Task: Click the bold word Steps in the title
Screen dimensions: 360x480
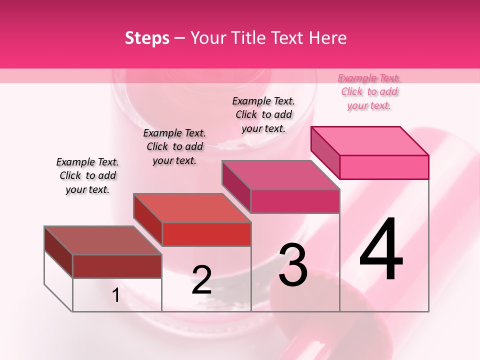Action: [x=147, y=38]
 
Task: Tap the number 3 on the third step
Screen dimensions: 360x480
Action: [x=292, y=265]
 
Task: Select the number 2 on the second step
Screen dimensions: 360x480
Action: [x=201, y=280]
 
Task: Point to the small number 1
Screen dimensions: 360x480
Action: [x=116, y=295]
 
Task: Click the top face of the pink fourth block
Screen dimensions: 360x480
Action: [x=370, y=140]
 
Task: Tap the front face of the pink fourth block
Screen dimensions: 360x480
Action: [x=384, y=167]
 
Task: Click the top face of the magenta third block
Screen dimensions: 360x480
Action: [x=280, y=175]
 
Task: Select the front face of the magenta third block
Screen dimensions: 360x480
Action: [x=295, y=201]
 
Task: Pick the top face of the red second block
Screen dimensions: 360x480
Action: [x=192, y=208]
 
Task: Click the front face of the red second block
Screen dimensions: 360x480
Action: [x=206, y=234]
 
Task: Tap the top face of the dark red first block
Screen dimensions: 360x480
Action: [x=103, y=240]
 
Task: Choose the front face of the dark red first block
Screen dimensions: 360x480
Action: [x=117, y=266]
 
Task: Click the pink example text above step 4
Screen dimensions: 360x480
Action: [x=369, y=91]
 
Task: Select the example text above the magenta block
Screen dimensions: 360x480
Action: [x=263, y=114]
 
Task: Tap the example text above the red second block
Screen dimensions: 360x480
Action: [x=174, y=146]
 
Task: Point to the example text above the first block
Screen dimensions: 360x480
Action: [x=87, y=175]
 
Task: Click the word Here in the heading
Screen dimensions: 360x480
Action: [x=327, y=38]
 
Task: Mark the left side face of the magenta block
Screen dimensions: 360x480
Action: [x=236, y=186]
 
